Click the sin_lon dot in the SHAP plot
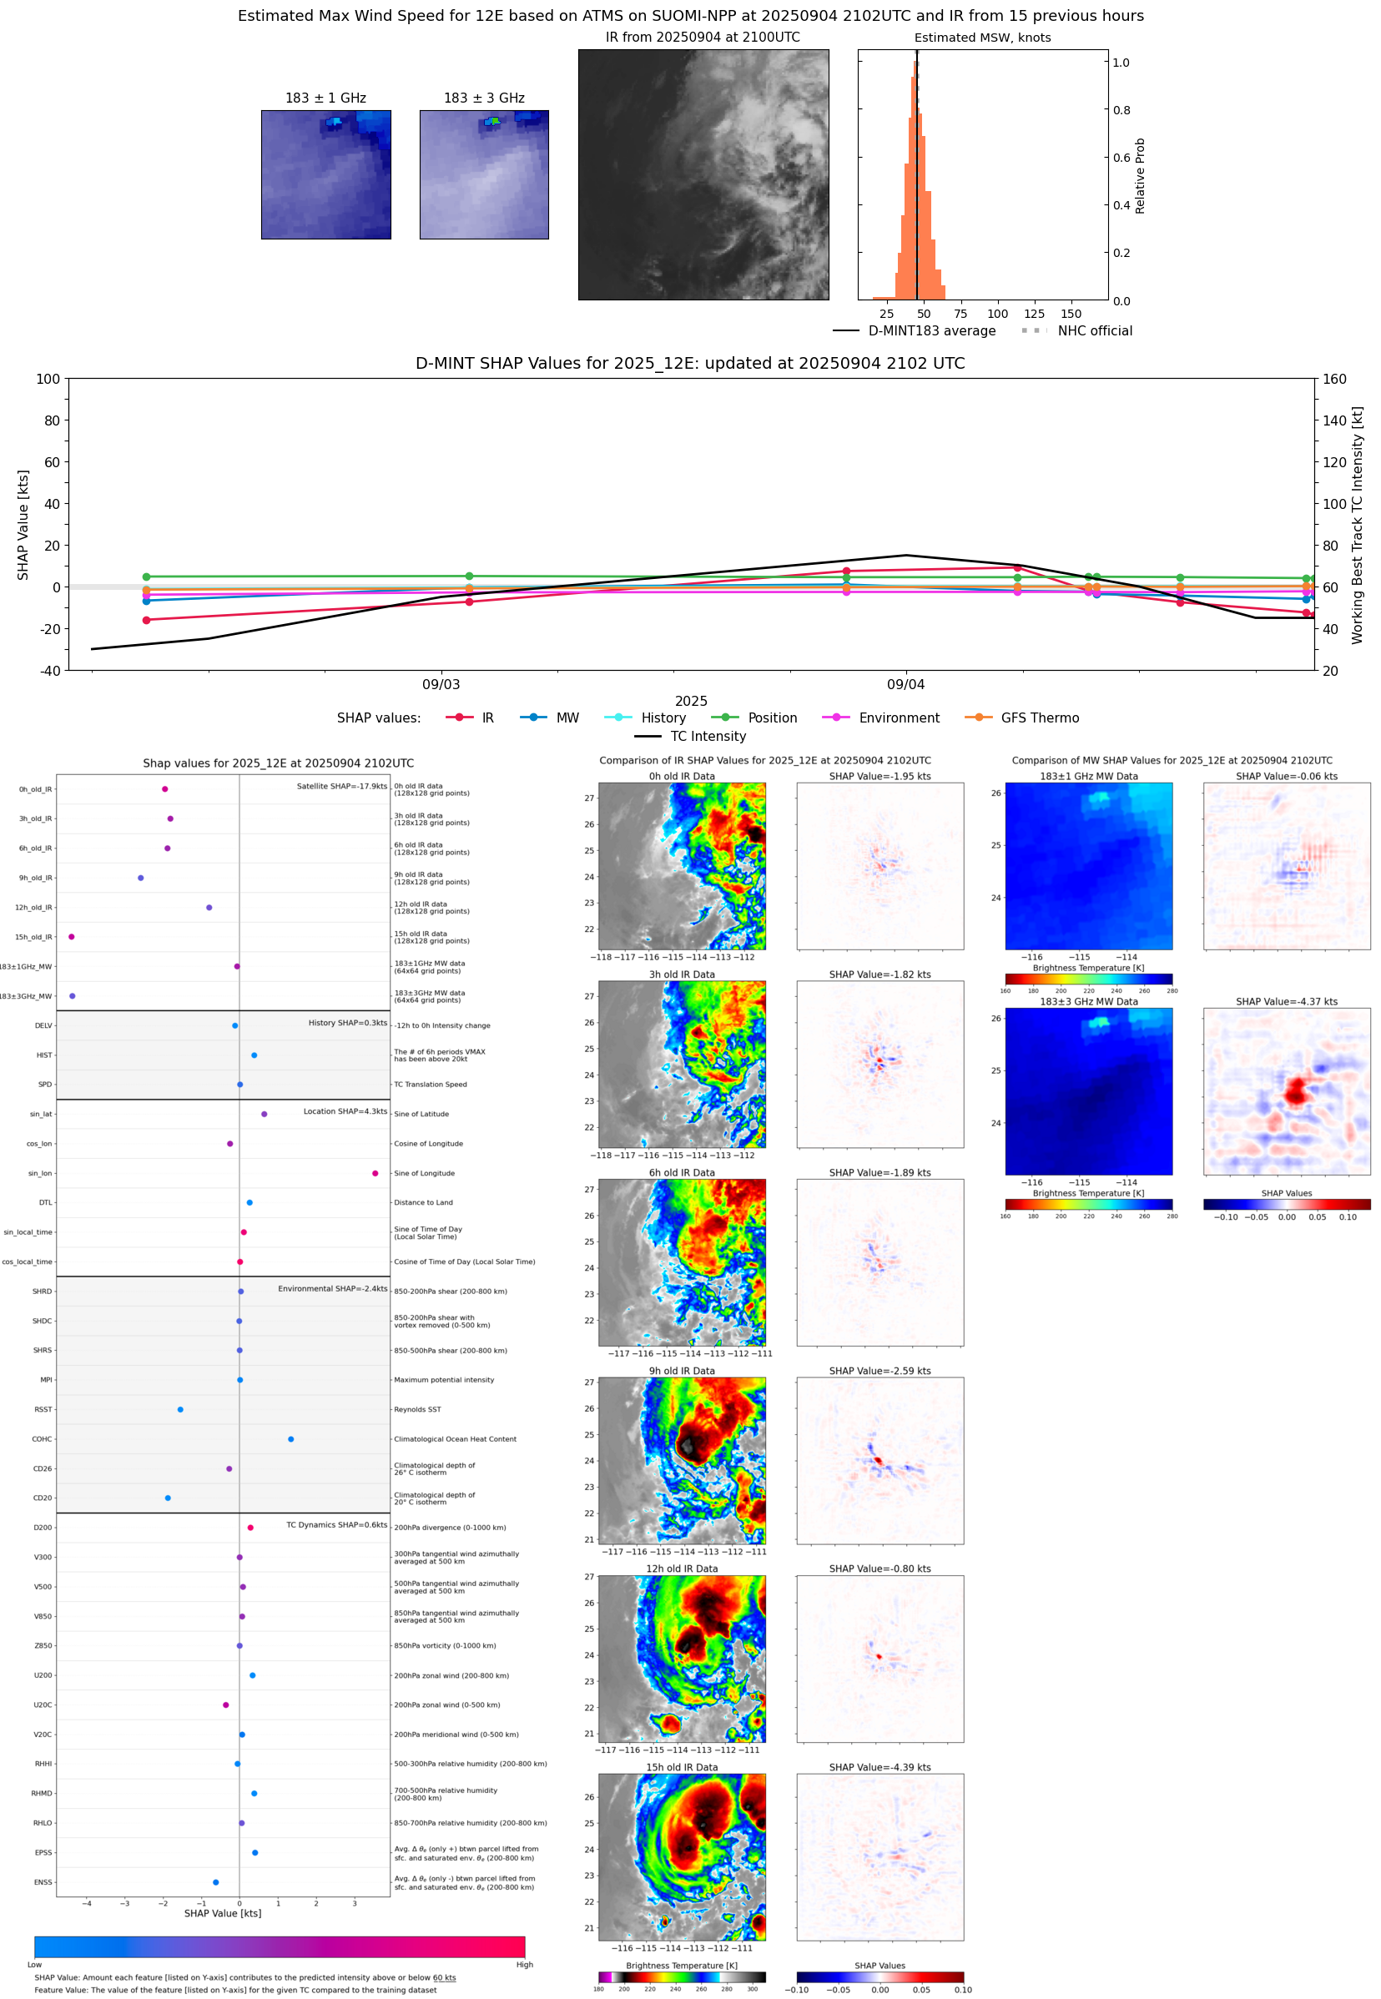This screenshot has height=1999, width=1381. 375,1173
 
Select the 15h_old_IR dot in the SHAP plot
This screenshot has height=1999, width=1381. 72,937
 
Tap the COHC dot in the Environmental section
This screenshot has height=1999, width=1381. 290,1438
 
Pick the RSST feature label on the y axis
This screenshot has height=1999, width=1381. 43,1409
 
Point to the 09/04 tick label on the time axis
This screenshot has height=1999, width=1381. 905,684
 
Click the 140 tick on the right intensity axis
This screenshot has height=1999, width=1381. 1334,420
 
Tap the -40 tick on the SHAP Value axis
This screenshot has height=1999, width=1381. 49,671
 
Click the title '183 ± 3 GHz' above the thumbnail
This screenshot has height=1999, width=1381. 484,98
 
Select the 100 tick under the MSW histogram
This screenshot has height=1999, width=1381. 997,314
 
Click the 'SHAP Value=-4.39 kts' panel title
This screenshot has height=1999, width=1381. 880,1767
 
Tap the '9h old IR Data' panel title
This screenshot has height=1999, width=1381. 682,1371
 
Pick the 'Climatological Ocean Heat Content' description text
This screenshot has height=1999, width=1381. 455,1439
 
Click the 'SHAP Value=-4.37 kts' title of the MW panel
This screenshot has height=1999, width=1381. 1286,1002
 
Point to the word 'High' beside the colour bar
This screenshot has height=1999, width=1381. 524,1965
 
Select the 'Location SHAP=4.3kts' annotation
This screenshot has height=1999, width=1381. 345,1111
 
